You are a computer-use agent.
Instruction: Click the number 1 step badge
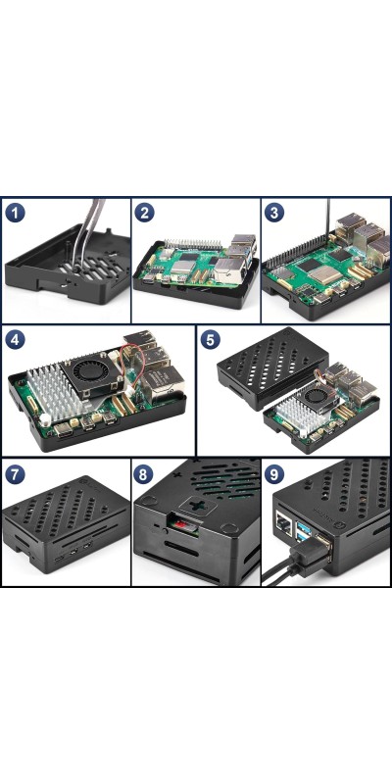(15, 213)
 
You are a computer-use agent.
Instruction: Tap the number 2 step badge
(144, 213)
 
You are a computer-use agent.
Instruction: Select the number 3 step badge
(274, 213)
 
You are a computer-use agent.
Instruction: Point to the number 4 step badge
(15, 340)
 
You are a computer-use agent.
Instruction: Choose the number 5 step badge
(210, 340)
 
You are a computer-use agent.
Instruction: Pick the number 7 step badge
(15, 474)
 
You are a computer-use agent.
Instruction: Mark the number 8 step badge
(143, 474)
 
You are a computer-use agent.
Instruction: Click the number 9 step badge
(274, 474)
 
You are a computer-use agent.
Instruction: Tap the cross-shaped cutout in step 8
(198, 506)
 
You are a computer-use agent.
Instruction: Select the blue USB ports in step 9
(303, 531)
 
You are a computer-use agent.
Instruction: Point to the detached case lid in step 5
(272, 367)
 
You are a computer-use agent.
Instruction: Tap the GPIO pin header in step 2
(193, 245)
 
